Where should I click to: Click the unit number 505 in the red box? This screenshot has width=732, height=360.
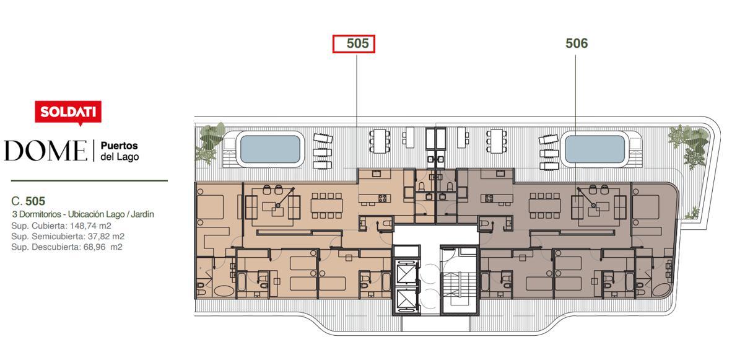(x=357, y=43)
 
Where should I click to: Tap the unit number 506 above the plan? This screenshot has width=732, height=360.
(x=577, y=43)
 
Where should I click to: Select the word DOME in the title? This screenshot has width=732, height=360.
(x=46, y=151)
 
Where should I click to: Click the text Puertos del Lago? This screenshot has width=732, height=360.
(x=120, y=151)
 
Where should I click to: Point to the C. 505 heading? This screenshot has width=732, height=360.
(x=28, y=201)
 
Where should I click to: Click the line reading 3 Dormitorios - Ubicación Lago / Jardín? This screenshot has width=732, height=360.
(x=83, y=215)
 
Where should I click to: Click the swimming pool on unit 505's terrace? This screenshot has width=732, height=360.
(x=270, y=149)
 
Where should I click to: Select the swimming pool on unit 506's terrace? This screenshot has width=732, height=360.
(x=595, y=149)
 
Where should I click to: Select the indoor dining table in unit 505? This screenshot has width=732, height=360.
(x=327, y=206)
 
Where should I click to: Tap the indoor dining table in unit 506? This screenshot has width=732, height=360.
(x=545, y=206)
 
